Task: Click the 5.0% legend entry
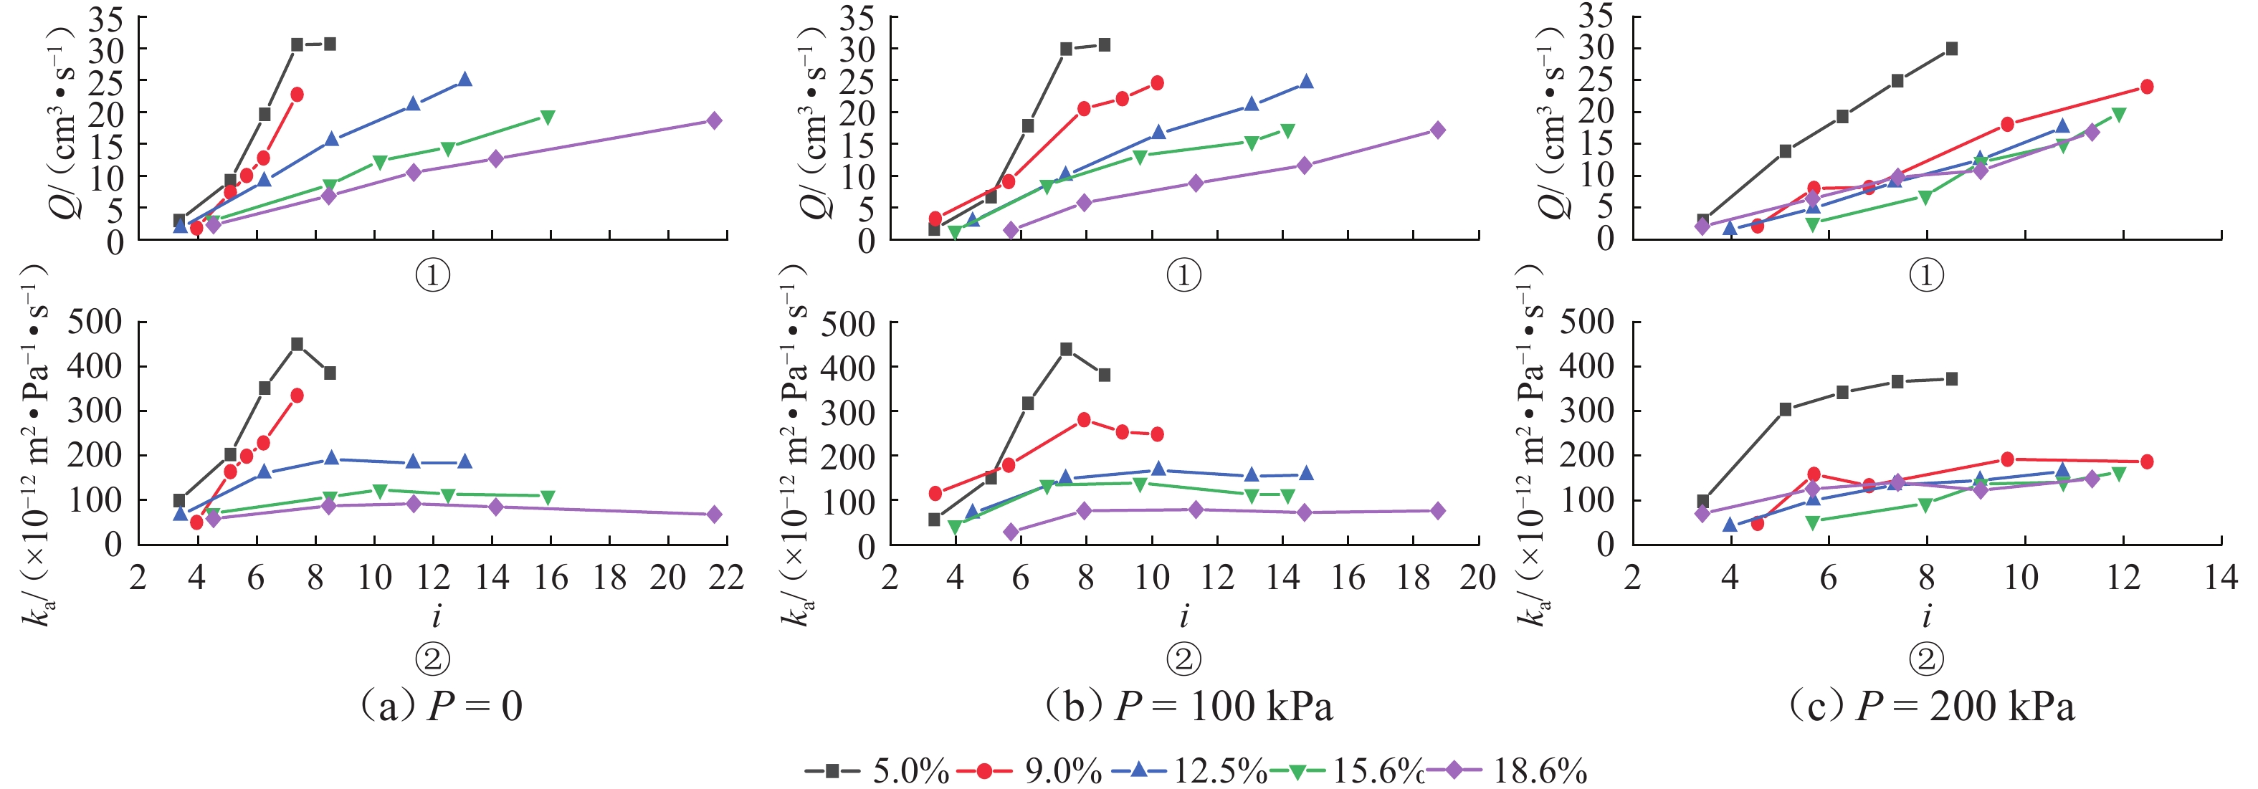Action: click(x=877, y=770)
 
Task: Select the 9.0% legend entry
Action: click(x=1030, y=770)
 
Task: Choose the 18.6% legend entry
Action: click(x=1507, y=770)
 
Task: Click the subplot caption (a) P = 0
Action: click(x=440, y=706)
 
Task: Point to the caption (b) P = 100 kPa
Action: click(x=1188, y=706)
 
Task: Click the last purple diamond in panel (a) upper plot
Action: click(x=715, y=121)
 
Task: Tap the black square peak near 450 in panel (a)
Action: click(x=297, y=345)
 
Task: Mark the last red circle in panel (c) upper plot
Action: click(x=2147, y=87)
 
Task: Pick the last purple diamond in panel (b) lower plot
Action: click(x=1437, y=511)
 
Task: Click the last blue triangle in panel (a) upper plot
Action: click(x=465, y=80)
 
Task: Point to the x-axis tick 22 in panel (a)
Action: click(x=727, y=578)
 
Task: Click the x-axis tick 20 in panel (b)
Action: click(x=1478, y=578)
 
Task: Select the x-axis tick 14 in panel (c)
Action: click(x=2220, y=578)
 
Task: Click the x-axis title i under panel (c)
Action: click(x=1927, y=616)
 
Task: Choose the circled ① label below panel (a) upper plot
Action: click(x=432, y=276)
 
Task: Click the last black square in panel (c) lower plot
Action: click(x=1951, y=378)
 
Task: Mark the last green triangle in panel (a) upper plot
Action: click(x=548, y=118)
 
